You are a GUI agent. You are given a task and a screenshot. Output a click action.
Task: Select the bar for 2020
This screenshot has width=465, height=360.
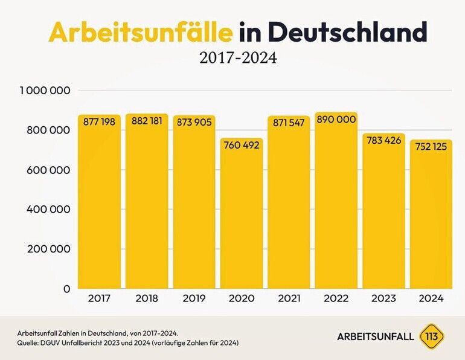click(x=242, y=217)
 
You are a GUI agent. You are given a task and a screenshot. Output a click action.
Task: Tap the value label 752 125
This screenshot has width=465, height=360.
click(x=431, y=147)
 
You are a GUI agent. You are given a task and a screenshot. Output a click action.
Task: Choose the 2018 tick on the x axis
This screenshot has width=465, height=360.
click(x=147, y=298)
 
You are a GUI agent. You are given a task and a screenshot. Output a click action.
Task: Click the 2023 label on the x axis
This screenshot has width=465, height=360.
click(x=383, y=298)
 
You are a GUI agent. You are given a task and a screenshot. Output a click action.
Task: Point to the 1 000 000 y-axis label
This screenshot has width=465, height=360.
click(x=45, y=90)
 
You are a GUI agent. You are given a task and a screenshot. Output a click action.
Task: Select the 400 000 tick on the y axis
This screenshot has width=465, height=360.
click(x=49, y=209)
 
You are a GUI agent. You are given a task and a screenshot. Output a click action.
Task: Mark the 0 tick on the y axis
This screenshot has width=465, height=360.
click(x=67, y=289)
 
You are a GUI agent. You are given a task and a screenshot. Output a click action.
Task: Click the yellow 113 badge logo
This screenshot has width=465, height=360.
click(x=432, y=336)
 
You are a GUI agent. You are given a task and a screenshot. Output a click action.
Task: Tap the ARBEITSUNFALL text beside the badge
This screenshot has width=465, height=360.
click(x=376, y=336)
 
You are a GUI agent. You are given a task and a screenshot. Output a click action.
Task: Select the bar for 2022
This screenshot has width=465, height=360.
click(x=336, y=205)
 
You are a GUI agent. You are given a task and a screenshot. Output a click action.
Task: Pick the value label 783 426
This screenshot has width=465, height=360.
click(x=383, y=141)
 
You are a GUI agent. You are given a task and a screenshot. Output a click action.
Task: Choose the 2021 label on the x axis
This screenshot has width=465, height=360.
click(x=289, y=298)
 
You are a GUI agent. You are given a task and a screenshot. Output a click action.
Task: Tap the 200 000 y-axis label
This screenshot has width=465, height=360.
click(x=49, y=249)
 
